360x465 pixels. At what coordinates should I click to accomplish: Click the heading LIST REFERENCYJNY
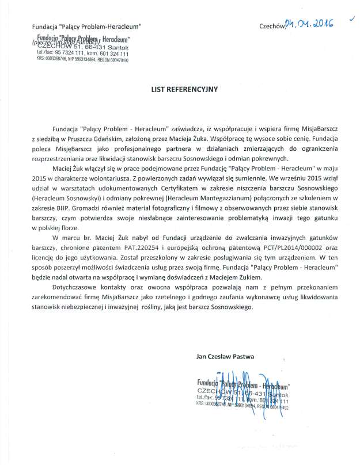coord(179,90)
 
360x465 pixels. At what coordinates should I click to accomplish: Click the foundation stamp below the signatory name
coord(242,394)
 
